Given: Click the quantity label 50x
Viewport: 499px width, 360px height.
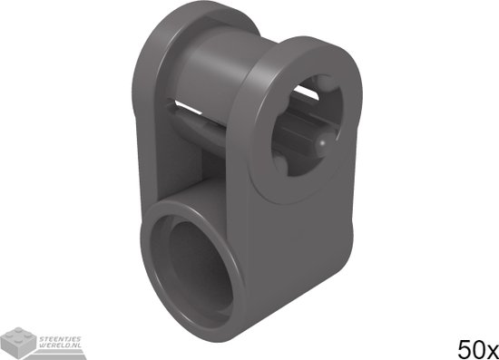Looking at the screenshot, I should click(x=475, y=347).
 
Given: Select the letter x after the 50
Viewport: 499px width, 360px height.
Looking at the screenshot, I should click(x=490, y=349).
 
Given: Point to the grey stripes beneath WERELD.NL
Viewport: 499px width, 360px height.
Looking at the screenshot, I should click(x=58, y=354).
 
